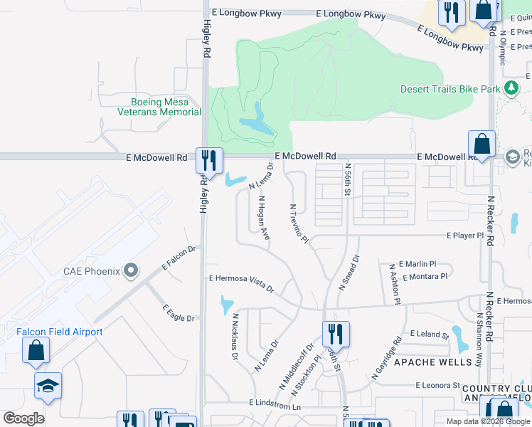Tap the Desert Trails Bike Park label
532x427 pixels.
[x=450, y=89]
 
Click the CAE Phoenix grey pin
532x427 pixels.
[x=130, y=270]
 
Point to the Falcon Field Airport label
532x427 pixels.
[x=60, y=332]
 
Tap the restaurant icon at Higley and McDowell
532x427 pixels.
[x=209, y=159]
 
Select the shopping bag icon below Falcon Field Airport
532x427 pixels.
[x=36, y=351]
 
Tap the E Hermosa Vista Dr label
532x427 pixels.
[x=241, y=282]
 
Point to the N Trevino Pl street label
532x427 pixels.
[x=298, y=223]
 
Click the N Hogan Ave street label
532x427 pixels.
[x=264, y=218]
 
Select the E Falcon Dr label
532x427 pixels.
[x=179, y=257]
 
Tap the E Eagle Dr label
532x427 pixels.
[x=179, y=313]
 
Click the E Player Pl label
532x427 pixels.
[x=465, y=235]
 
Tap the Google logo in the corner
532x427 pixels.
[x=23, y=418]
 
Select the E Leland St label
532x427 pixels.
[x=430, y=333]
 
